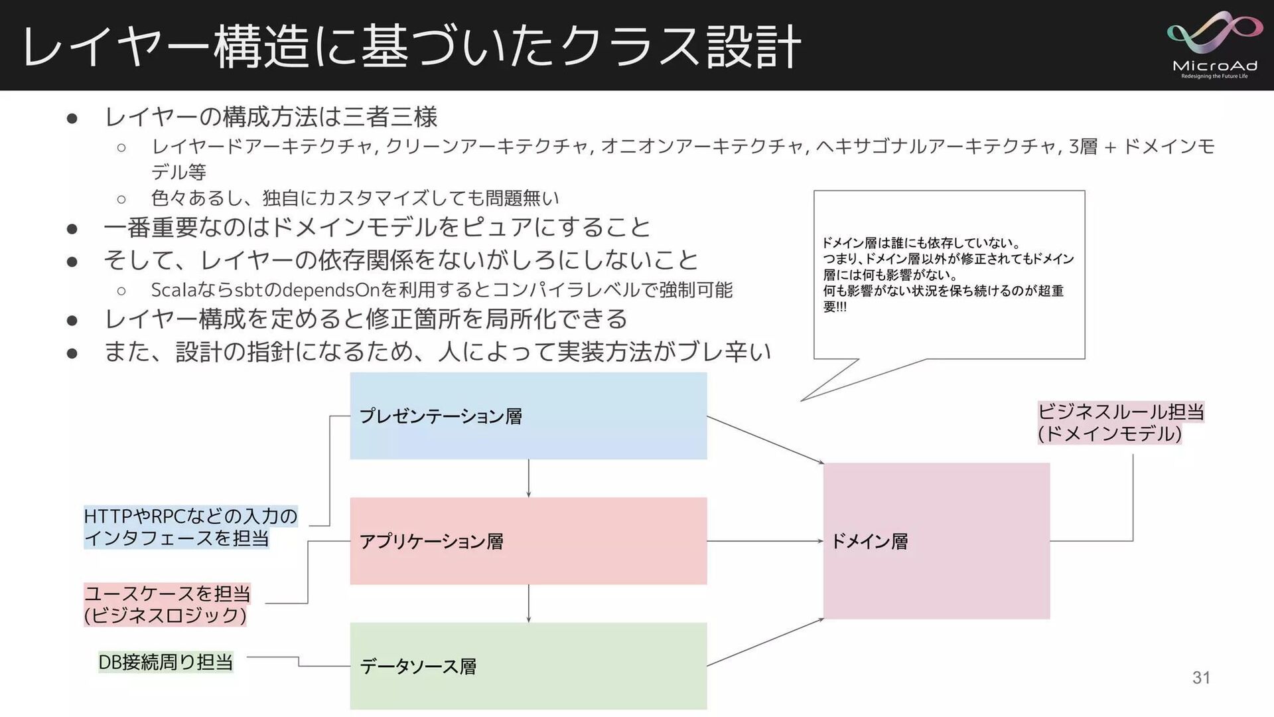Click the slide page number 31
1201,677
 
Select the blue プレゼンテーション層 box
528,416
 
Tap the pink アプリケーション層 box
528,541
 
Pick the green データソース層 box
528,666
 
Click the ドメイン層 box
936,541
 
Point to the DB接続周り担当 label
165,662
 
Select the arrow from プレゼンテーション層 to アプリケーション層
528,478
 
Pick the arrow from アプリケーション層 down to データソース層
528,603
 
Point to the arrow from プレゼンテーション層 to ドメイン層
764,439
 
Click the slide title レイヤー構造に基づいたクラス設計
411,46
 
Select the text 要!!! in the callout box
835,307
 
